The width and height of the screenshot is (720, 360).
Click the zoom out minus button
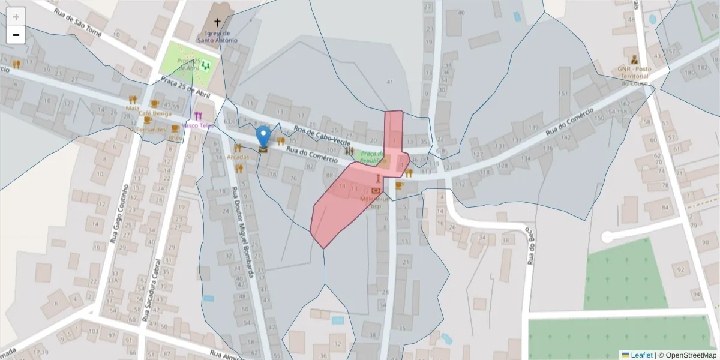coord(16,35)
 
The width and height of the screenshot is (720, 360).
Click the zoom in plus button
coord(16,17)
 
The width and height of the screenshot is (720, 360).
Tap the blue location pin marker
coord(263,137)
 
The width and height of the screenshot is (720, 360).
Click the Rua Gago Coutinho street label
coord(119,213)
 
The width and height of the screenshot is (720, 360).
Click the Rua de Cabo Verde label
coord(322,136)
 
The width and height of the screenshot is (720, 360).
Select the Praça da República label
coord(373,157)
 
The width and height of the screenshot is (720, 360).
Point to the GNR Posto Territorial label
coord(634,76)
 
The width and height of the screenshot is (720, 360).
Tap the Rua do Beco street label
coord(530,245)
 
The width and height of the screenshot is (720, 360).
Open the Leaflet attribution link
coord(641,355)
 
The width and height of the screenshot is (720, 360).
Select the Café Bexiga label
coord(155,113)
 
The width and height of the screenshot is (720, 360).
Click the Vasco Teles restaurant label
coord(198,125)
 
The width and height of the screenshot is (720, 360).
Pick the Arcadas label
coord(238,157)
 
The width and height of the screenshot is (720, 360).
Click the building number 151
coord(563,94)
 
